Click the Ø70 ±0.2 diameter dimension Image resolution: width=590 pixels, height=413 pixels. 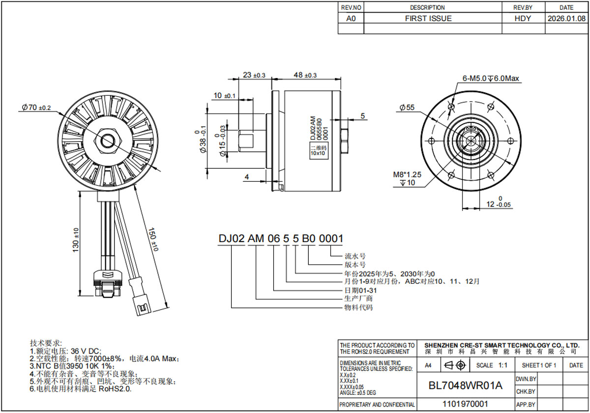36,108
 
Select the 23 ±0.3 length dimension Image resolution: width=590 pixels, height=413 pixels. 254,75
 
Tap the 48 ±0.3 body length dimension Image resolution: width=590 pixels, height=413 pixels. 305,75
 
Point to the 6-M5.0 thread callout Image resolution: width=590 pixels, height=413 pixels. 491,79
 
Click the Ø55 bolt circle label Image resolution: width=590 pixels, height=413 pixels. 407,108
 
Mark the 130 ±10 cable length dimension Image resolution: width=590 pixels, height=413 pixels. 76,240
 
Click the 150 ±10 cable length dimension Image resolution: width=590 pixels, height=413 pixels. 153,239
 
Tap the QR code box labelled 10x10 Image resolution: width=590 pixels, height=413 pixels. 319,150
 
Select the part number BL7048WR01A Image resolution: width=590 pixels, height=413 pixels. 466,385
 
